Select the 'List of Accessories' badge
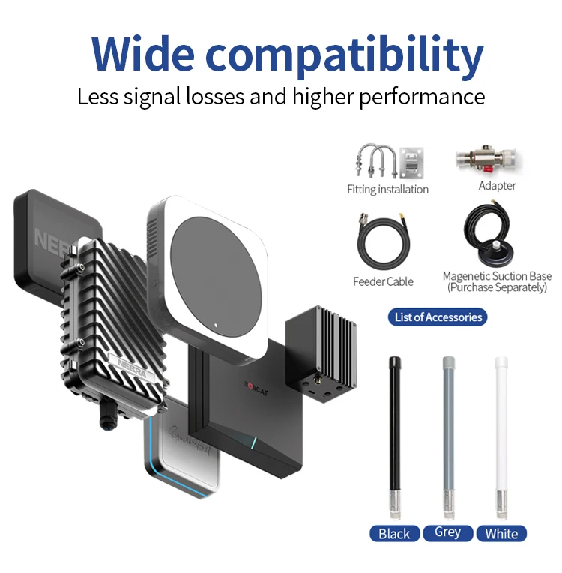point(438,316)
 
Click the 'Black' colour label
point(394,533)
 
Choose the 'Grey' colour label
point(447,532)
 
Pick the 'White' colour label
point(501,533)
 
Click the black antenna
point(393,435)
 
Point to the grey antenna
point(448,435)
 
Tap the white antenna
point(501,435)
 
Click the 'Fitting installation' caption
point(387,190)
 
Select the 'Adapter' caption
point(497,185)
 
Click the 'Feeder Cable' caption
point(383,281)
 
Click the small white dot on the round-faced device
point(215,325)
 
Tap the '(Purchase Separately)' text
point(497,287)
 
